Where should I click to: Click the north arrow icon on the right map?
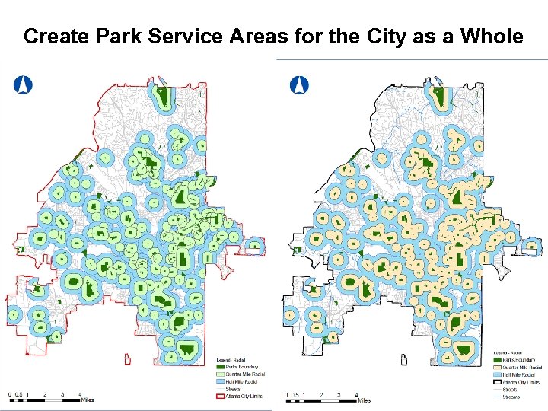tap(300, 84)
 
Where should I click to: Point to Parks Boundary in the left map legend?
tap(242, 367)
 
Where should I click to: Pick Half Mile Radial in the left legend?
tap(243, 381)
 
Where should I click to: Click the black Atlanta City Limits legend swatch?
tap(497, 382)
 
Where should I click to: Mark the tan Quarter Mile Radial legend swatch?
tap(497, 367)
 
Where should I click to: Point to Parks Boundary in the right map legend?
tap(518, 360)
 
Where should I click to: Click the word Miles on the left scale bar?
tap(88, 400)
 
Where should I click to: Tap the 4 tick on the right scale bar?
tap(357, 394)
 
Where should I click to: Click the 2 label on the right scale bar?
tap(321, 394)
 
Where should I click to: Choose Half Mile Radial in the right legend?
tap(518, 374)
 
